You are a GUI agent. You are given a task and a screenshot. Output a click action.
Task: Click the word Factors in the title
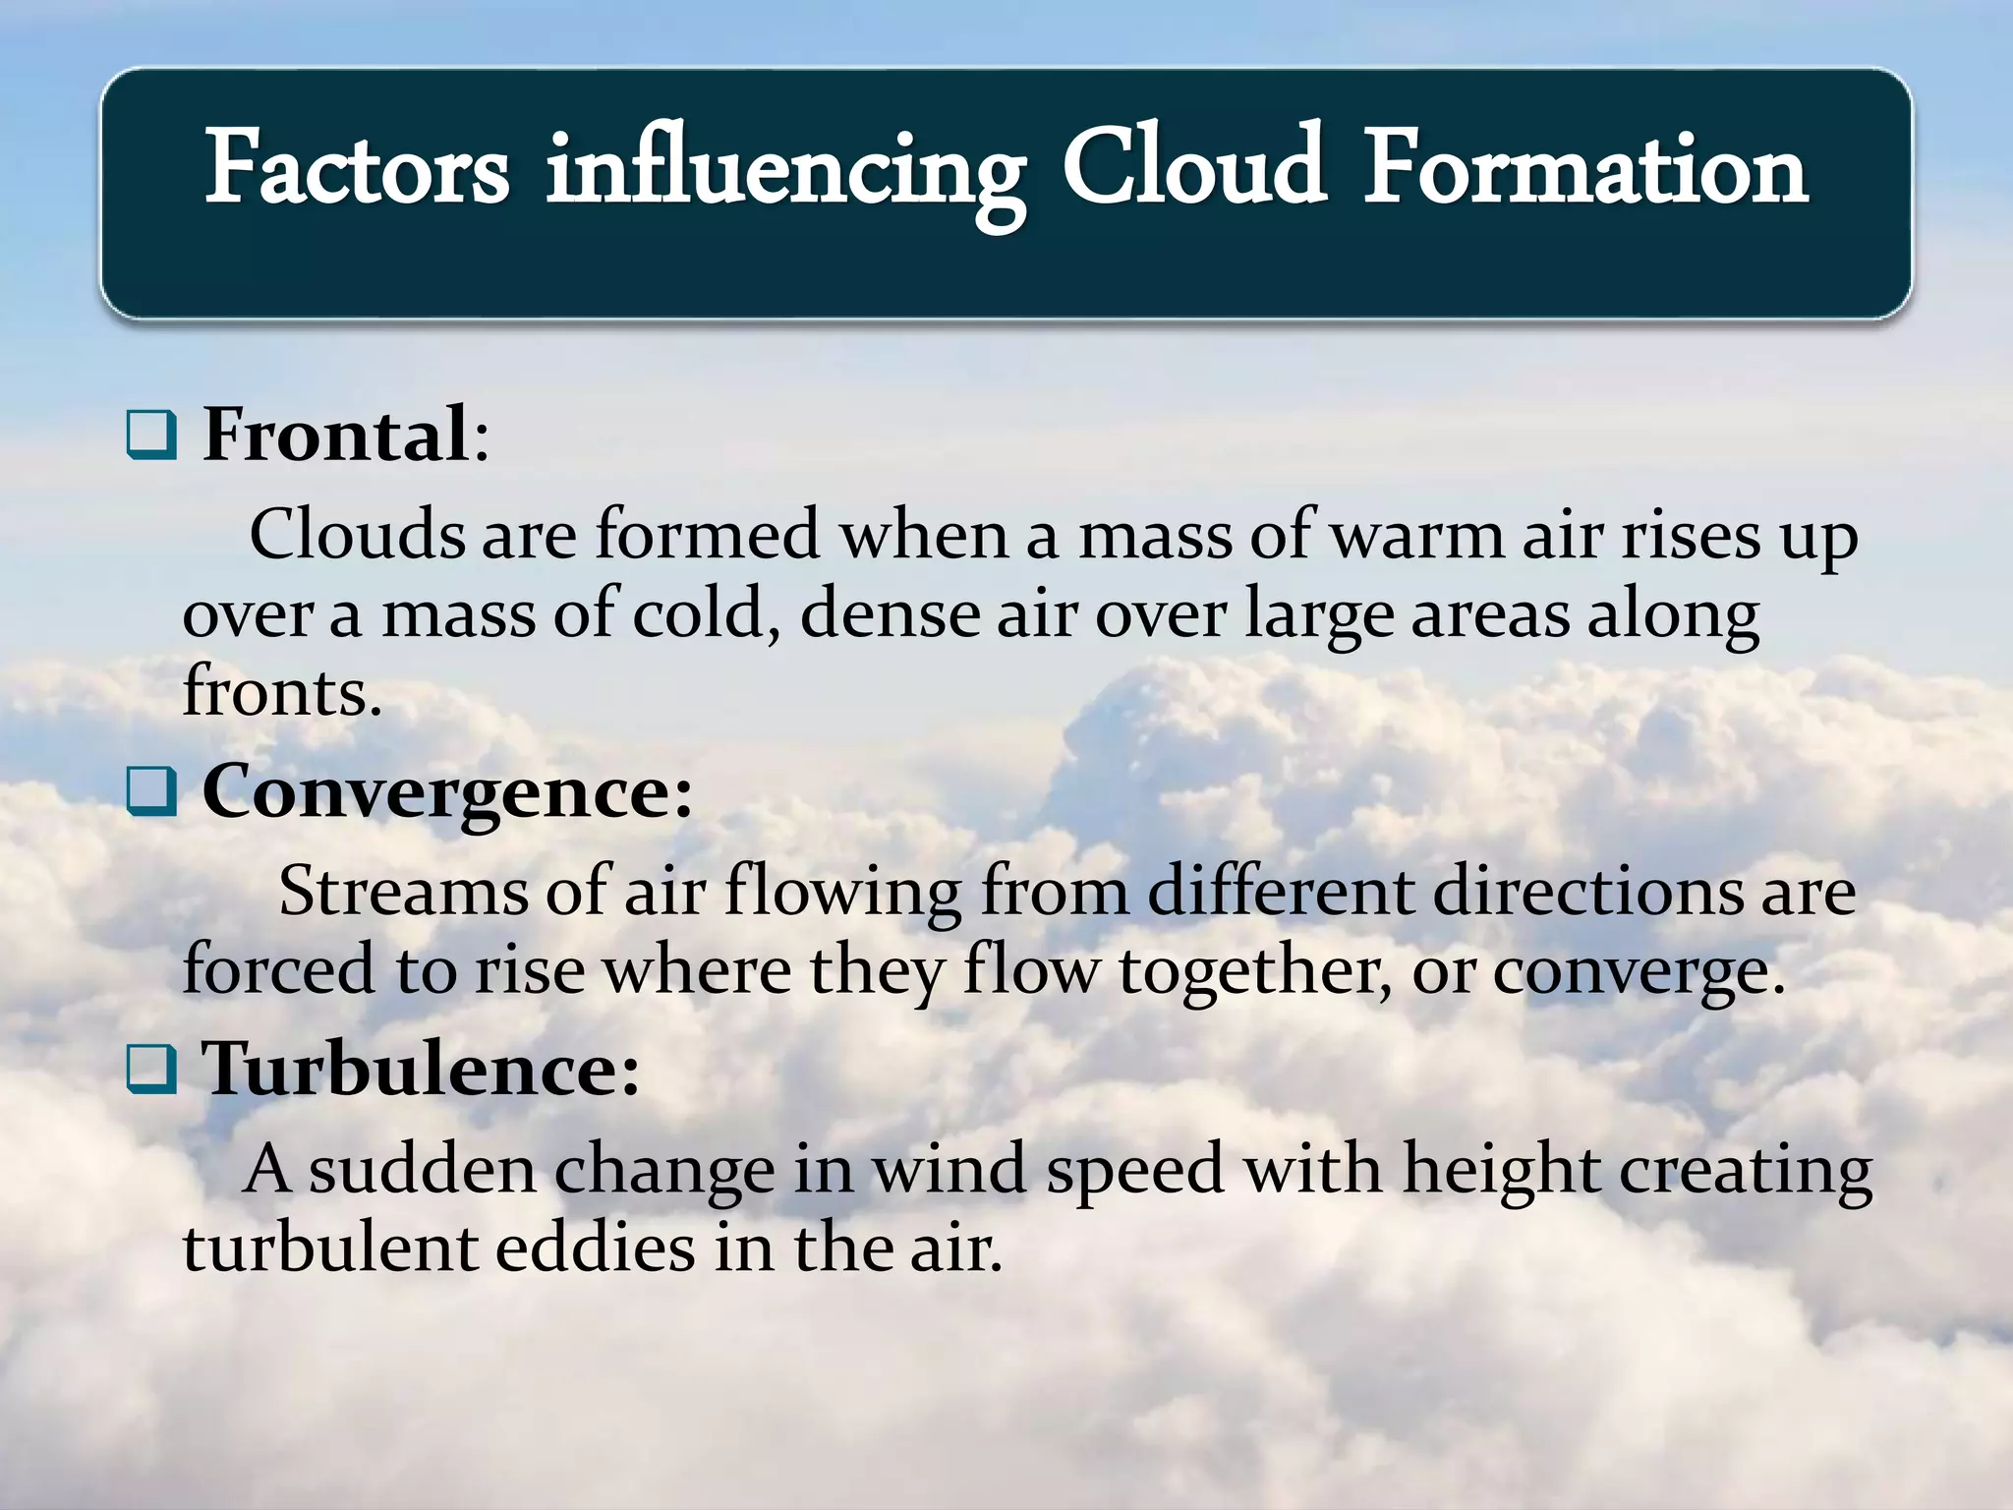click(357, 169)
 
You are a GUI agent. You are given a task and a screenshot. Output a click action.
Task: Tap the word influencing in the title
click(785, 172)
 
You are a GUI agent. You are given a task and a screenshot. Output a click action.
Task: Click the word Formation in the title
click(1584, 169)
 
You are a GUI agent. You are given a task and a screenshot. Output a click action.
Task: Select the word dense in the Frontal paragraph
click(890, 614)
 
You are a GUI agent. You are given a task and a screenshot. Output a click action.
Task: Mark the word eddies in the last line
click(595, 1249)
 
